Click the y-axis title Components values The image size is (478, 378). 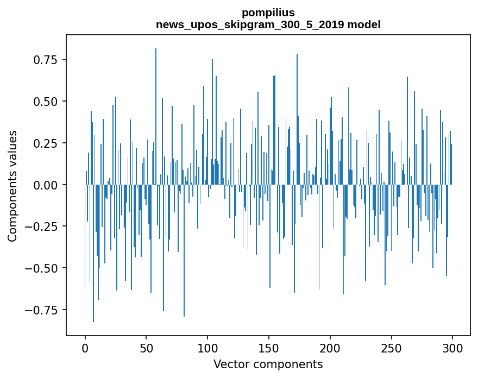pyautogui.click(x=12, y=186)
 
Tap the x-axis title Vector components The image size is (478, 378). pyautogui.click(x=268, y=364)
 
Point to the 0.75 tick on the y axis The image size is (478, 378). pyautogui.click(x=46, y=59)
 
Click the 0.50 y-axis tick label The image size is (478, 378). pyautogui.click(x=46, y=102)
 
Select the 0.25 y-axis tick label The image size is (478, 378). pyautogui.click(x=46, y=143)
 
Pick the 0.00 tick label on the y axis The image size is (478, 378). pyautogui.click(x=46, y=185)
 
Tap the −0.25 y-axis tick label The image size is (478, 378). pyautogui.click(x=43, y=227)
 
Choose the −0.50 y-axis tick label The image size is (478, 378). pyautogui.click(x=43, y=269)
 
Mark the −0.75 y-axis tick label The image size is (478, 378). pyautogui.click(x=43, y=311)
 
